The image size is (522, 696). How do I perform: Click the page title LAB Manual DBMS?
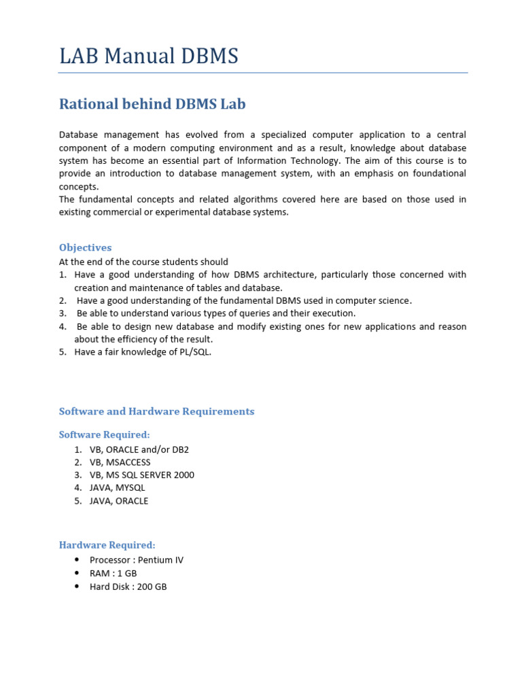[x=149, y=56]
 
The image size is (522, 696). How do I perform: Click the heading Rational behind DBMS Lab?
[x=152, y=104]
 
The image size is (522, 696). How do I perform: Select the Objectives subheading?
[x=85, y=247]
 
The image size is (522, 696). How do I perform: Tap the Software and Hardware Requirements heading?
[x=156, y=411]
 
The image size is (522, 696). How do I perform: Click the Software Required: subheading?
[x=104, y=434]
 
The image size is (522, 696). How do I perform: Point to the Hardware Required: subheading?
[x=107, y=544]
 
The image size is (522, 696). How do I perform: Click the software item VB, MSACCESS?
[x=120, y=462]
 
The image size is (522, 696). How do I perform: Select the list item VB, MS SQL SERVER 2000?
[x=141, y=475]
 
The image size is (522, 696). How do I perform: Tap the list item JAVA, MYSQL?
[x=117, y=487]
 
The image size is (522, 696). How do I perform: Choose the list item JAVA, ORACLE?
[x=118, y=501]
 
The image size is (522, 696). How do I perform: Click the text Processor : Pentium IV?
[x=136, y=560]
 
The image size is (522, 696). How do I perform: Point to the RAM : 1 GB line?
[x=113, y=573]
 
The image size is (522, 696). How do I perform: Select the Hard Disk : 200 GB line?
[x=128, y=586]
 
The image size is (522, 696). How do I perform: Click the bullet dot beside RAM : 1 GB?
[x=76, y=573]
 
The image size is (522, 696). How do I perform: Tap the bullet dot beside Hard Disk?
[x=76, y=586]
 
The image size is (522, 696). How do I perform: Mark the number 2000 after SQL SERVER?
[x=184, y=475]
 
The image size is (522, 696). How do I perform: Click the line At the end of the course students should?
[x=143, y=262]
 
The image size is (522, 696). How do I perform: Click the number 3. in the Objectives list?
[x=63, y=313]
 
